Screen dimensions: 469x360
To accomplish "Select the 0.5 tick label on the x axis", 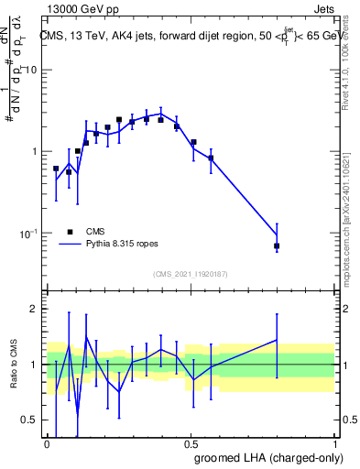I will pos(191,444).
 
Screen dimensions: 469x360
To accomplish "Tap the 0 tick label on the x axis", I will pos(48,444).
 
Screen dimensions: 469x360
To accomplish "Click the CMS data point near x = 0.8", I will pos(277,246).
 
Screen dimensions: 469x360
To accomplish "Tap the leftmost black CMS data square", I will pos(56,169).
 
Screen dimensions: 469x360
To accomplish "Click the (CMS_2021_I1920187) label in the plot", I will pos(191,274).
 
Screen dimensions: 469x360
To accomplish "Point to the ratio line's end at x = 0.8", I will pos(277,340).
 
